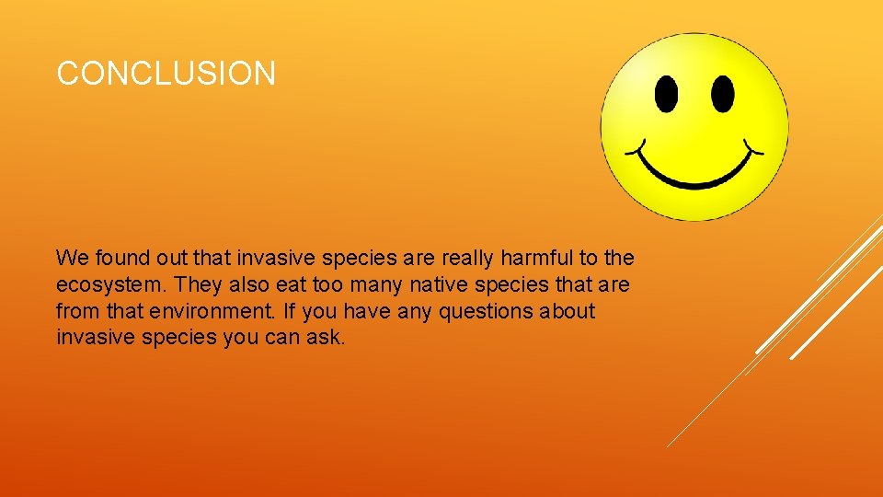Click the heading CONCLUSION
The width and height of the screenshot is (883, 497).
coord(166,74)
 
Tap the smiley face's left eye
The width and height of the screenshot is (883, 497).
coord(666,94)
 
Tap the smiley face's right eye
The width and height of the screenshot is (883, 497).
coord(723,94)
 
